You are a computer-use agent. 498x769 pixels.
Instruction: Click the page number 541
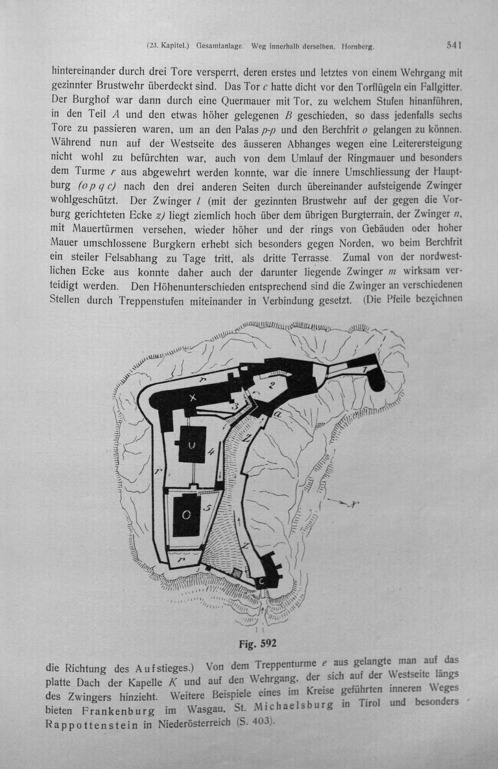(453, 45)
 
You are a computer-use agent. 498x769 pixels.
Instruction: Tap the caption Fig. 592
(257, 643)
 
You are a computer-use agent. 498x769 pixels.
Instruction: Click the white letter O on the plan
(186, 515)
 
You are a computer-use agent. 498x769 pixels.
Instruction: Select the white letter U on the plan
(192, 446)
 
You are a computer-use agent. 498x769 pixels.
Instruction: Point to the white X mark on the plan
(193, 398)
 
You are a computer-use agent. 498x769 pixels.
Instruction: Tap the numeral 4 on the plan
(211, 452)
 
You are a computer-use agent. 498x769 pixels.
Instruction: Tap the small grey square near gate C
(237, 572)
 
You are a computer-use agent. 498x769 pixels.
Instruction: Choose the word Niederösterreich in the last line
(194, 723)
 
